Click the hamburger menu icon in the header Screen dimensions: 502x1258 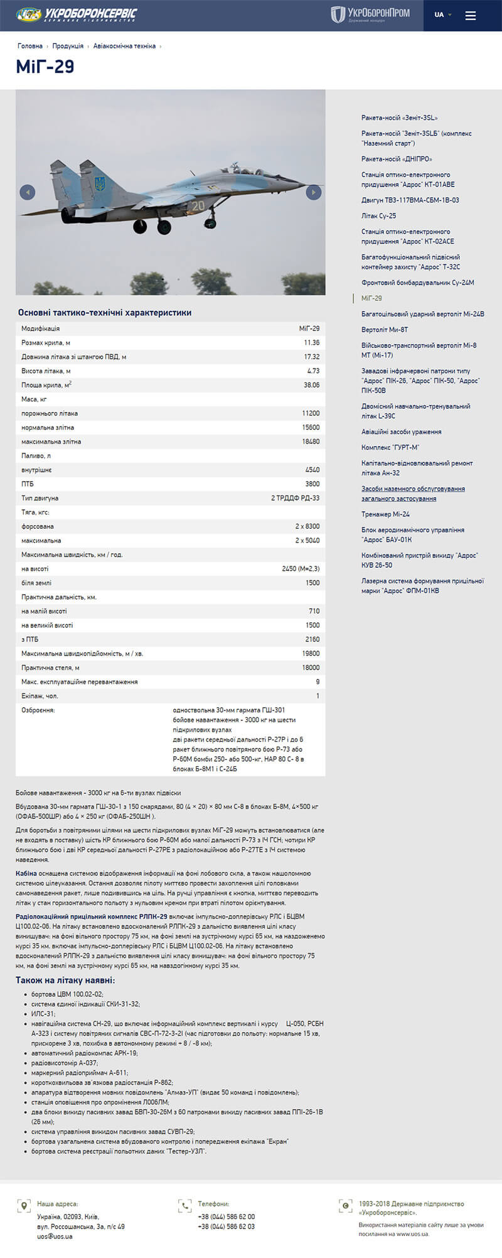[471, 15]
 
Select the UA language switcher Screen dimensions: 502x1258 [442, 15]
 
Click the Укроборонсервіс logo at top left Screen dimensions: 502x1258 [77, 14]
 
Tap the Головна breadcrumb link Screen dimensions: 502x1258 [30, 46]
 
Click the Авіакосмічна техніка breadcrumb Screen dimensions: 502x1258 [124, 46]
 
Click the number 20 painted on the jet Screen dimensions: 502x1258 [198, 206]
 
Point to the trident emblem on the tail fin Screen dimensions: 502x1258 [99, 185]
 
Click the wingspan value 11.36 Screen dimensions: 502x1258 [311, 343]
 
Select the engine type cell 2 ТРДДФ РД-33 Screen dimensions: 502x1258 [295, 498]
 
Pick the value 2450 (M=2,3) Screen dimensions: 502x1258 [301, 569]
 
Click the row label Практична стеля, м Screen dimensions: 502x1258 [50, 668]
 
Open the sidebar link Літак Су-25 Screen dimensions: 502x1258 [378, 216]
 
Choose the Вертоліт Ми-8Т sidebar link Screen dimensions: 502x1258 [385, 330]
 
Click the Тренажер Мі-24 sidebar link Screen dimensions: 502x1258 [385, 514]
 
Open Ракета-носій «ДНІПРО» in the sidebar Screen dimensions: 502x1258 [397, 159]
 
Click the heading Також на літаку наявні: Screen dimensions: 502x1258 [65, 980]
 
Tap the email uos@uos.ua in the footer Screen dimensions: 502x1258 [55, 1236]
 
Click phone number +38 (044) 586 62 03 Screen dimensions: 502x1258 [227, 1226]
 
